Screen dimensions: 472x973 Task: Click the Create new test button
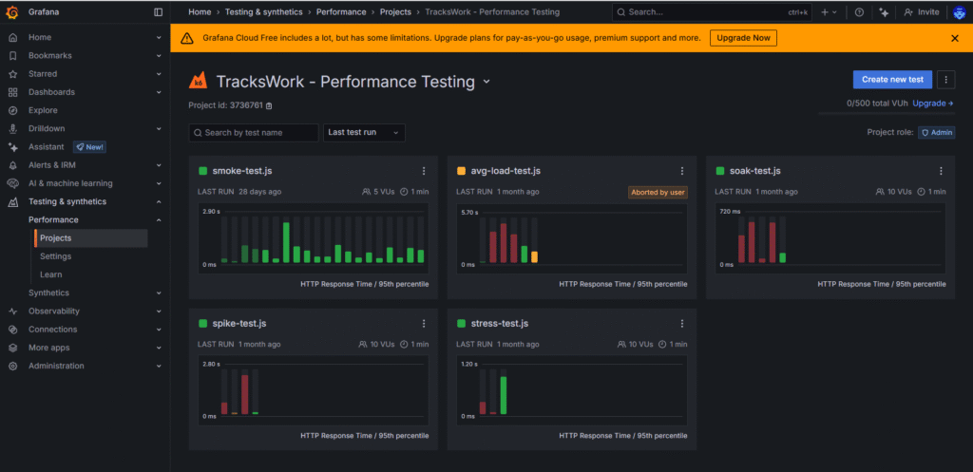tap(892, 79)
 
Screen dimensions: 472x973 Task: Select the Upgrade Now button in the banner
tap(743, 38)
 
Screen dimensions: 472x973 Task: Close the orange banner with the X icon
tap(955, 38)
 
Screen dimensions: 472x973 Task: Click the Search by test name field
tap(254, 133)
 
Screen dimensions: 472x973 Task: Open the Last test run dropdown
tap(365, 133)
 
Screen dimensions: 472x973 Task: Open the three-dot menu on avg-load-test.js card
tap(682, 171)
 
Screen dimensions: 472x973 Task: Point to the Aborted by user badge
tap(658, 192)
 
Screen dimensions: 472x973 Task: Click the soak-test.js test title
tap(754, 171)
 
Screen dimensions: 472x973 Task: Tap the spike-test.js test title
tap(239, 324)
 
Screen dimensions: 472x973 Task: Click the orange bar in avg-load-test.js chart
tap(534, 256)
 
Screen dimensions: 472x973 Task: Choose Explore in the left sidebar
tap(43, 110)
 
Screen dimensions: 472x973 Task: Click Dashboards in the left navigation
tap(51, 92)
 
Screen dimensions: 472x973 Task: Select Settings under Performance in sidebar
tap(55, 256)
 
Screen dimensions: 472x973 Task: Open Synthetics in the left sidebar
tap(48, 293)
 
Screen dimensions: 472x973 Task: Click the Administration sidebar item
tap(56, 366)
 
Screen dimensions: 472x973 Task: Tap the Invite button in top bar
tap(922, 12)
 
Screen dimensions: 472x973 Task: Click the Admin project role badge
tap(936, 133)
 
